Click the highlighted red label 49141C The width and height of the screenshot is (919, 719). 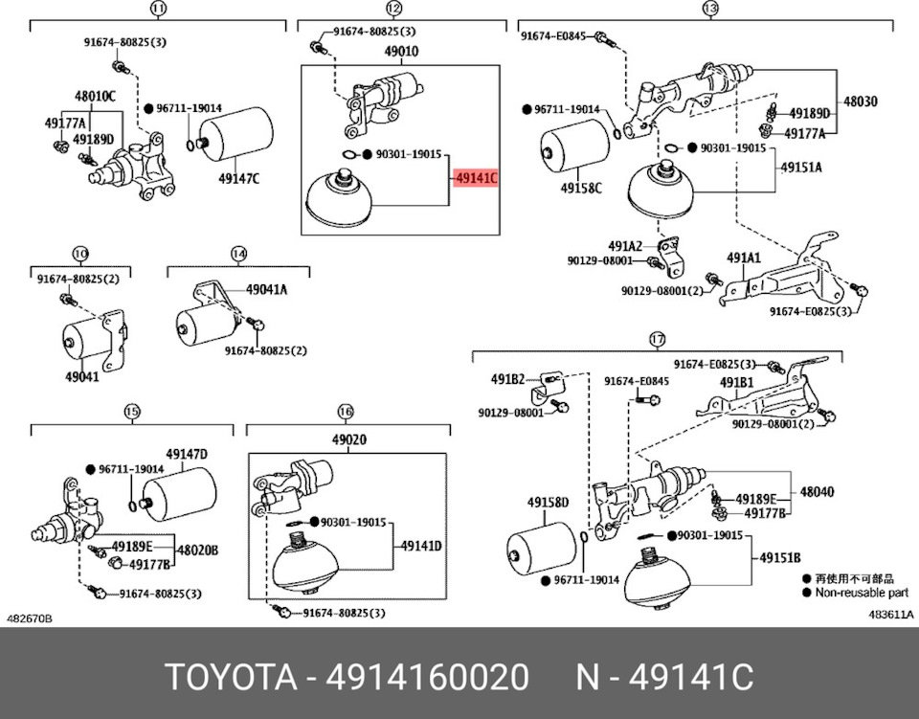tap(477, 178)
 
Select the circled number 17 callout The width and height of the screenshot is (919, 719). tap(657, 339)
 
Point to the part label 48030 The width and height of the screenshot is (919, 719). tap(860, 101)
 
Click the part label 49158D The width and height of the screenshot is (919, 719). tap(548, 503)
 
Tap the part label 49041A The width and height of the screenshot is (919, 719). tap(266, 289)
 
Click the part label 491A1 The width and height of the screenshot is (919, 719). tap(742, 258)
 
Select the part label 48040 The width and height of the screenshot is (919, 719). tap(817, 492)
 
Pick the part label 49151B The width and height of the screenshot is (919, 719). tap(781, 558)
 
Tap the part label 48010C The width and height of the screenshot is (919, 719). tap(96, 96)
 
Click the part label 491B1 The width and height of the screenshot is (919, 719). tap(737, 383)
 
